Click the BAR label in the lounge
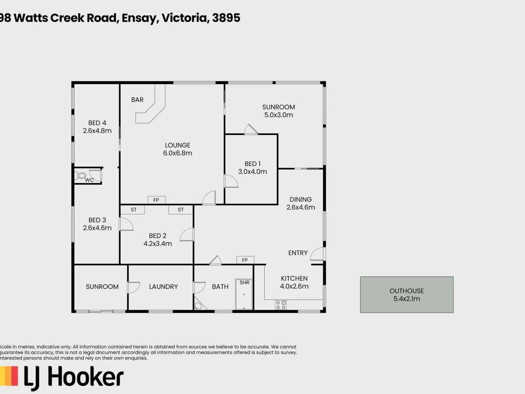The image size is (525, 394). click(137, 99)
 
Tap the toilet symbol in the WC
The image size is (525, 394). click(80, 176)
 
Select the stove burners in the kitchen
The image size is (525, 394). click(281, 305)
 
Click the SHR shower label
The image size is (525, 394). click(245, 282)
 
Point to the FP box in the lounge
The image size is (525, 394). click(156, 200)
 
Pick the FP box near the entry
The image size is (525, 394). click(245, 260)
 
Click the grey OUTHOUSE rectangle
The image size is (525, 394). click(406, 295)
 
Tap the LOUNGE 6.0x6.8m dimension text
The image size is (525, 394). click(178, 153)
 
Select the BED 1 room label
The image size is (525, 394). click(252, 164)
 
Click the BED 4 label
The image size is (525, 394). click(97, 123)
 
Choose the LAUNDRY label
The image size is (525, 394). click(163, 287)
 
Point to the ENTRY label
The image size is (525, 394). click(298, 253)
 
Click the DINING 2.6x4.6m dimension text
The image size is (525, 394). click(301, 207)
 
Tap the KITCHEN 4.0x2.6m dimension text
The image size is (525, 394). click(294, 286)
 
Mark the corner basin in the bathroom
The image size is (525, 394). click(198, 306)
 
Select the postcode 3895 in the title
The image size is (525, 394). click(226, 18)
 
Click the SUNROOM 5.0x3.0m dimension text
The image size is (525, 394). click(278, 115)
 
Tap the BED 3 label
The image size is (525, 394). click(97, 220)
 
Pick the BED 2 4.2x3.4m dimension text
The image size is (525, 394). click(157, 243)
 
